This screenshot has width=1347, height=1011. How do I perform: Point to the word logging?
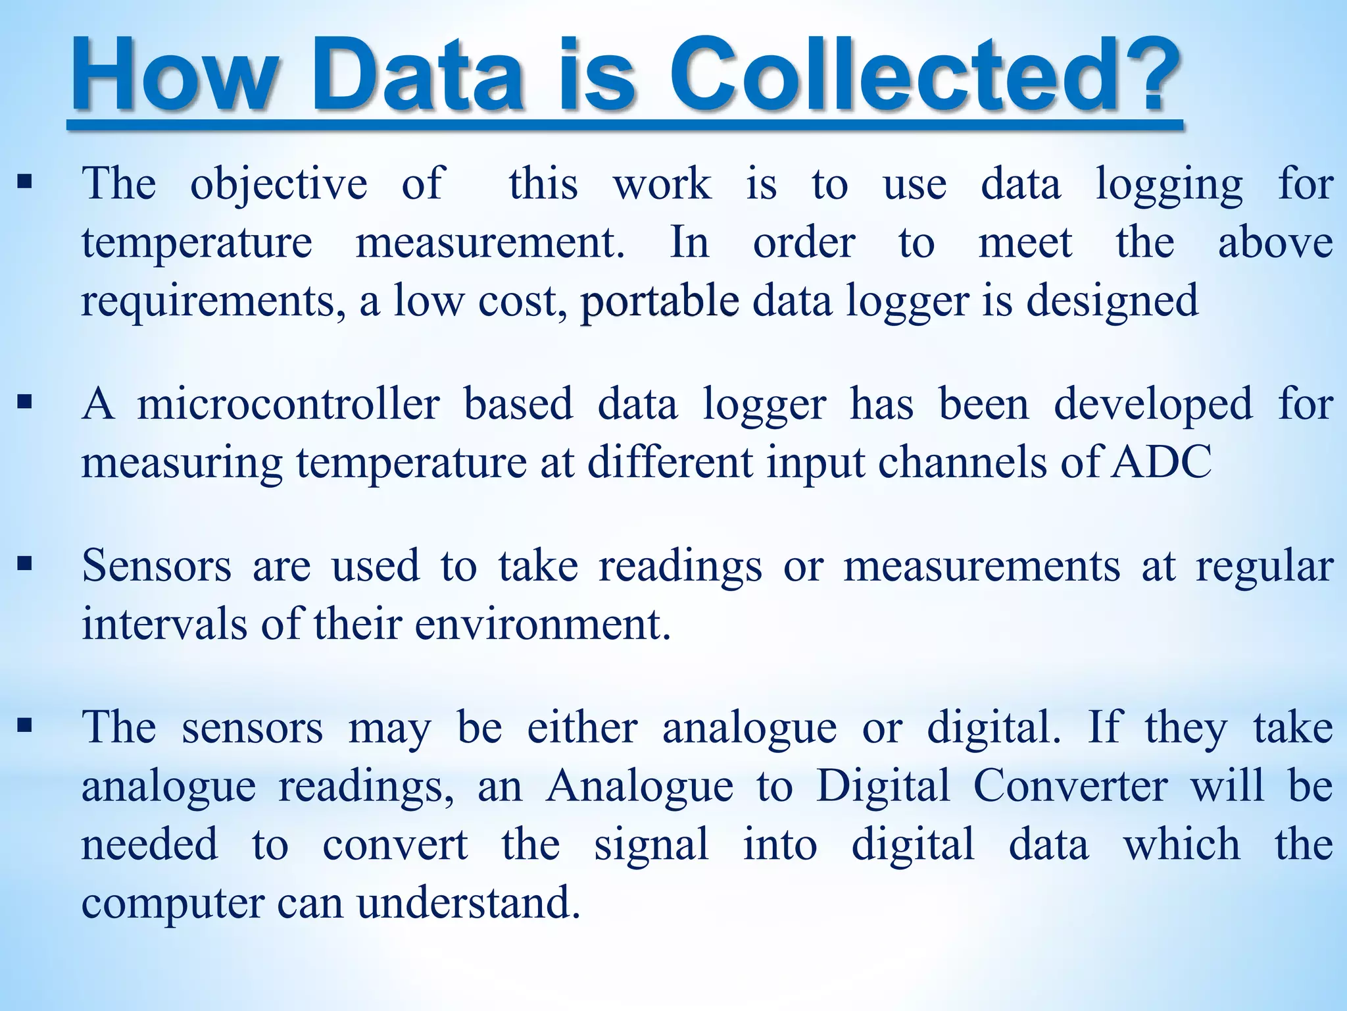pyautogui.click(x=1169, y=185)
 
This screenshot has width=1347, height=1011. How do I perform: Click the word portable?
pyautogui.click(x=659, y=302)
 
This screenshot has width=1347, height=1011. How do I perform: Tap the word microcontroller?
pyautogui.click(x=288, y=404)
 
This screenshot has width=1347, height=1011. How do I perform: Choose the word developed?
pyautogui.click(x=1153, y=405)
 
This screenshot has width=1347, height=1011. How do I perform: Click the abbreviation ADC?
pyautogui.click(x=1161, y=462)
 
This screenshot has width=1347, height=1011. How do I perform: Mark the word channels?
pyautogui.click(x=963, y=462)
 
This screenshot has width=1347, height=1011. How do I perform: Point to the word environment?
pyautogui.click(x=542, y=624)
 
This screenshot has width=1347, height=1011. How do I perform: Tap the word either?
pyautogui.click(x=582, y=728)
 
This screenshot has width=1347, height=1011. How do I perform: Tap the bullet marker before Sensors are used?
pyautogui.click(x=25, y=563)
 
